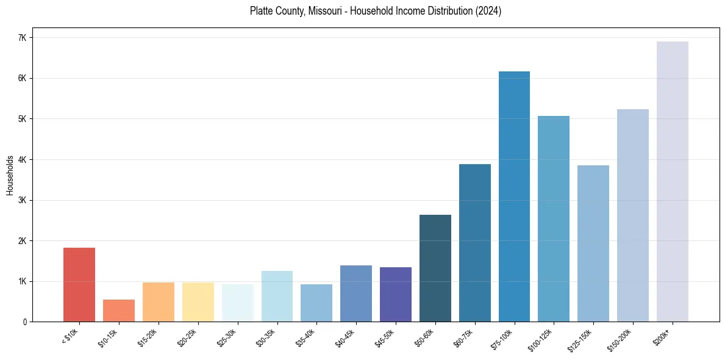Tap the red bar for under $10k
point(79,284)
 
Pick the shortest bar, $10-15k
point(119,311)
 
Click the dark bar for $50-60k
point(435,268)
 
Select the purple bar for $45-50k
point(396,294)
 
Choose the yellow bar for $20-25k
point(198,302)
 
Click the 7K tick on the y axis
point(23,38)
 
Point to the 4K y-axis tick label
point(23,160)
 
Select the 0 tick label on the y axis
point(25,322)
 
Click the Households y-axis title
point(10,175)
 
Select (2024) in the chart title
point(488,11)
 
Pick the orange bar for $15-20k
point(159,302)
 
